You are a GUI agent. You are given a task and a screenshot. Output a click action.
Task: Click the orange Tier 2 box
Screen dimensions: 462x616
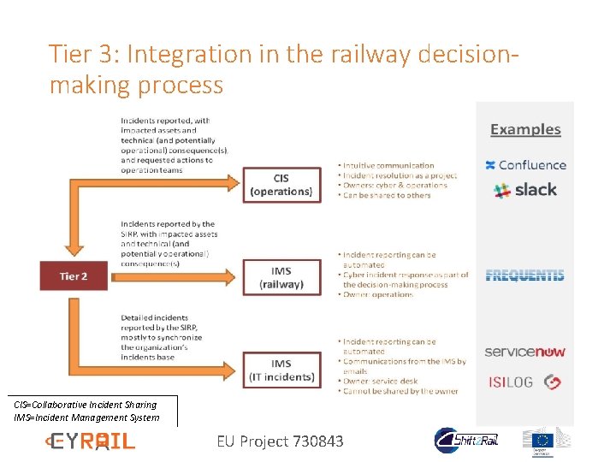point(74,276)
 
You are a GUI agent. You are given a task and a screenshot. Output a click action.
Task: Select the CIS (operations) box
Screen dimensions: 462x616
point(281,185)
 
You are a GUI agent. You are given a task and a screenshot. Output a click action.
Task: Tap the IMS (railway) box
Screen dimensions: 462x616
point(281,277)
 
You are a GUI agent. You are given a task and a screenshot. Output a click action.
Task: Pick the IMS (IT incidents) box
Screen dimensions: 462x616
point(281,370)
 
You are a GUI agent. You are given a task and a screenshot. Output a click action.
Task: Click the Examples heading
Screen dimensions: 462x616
point(525,130)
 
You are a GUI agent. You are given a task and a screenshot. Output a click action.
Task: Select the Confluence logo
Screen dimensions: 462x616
point(525,165)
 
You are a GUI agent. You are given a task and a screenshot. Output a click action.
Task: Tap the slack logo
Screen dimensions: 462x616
point(525,190)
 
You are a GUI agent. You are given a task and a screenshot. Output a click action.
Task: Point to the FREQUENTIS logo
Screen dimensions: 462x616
point(524,275)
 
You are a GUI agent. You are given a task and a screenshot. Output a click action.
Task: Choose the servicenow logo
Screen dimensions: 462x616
point(524,352)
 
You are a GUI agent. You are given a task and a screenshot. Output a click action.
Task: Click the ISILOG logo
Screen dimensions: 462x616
point(523,382)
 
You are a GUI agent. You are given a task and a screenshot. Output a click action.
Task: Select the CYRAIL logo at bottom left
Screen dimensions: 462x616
point(90,441)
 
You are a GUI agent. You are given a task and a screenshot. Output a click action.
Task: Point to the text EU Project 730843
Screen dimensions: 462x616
point(280,441)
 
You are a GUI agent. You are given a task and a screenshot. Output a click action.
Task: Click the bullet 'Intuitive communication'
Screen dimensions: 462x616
point(387,165)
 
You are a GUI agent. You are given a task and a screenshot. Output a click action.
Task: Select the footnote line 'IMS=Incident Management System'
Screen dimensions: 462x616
point(86,418)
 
